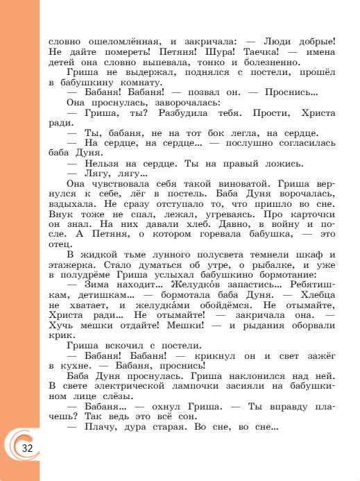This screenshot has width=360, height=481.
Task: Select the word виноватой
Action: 226,184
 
